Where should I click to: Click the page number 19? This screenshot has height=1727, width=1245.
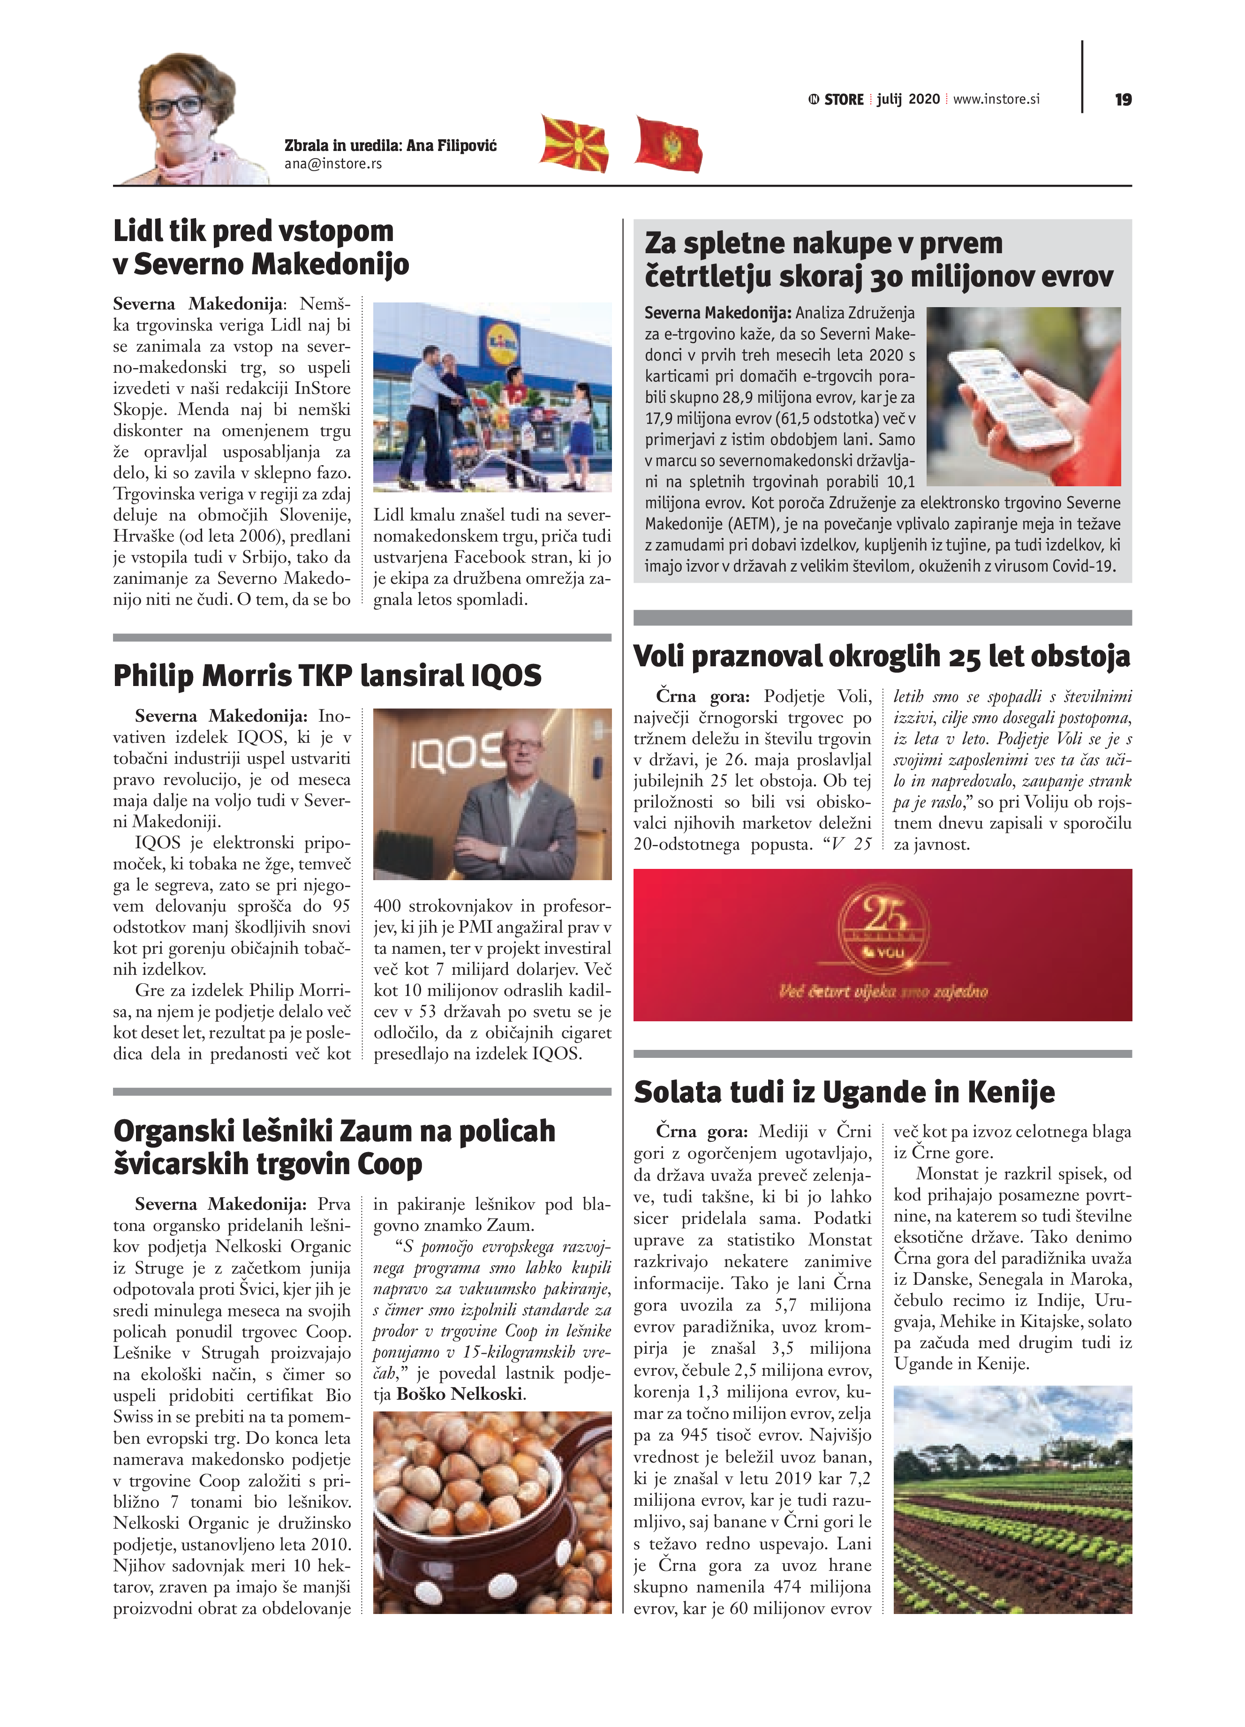pyautogui.click(x=1123, y=100)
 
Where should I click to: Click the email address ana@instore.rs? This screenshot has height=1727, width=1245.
pyautogui.click(x=333, y=164)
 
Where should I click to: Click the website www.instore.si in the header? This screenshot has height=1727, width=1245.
pyautogui.click(x=996, y=99)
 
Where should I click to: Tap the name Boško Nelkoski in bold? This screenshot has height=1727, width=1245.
pyautogui.click(x=460, y=1394)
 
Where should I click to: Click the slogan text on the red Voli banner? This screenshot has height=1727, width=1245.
pyautogui.click(x=883, y=991)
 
